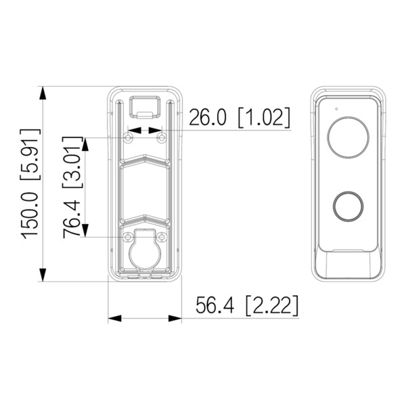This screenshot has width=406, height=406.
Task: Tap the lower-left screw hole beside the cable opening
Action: click(127, 236)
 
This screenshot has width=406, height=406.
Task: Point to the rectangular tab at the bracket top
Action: click(145, 105)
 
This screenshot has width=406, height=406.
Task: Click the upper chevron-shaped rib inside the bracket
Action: click(145, 159)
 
